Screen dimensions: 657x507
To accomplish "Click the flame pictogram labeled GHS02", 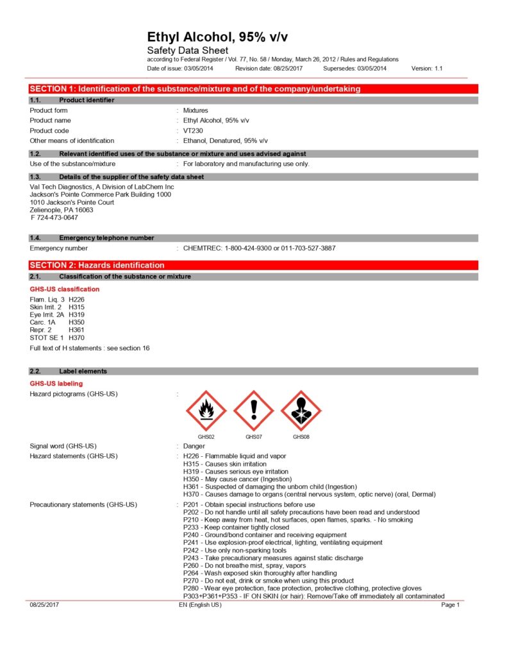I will click(x=206, y=410).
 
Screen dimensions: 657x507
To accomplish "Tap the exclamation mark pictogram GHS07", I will click(x=253, y=410).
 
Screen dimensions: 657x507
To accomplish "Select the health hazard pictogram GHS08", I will click(x=301, y=410).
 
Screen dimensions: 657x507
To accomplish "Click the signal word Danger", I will click(x=194, y=446).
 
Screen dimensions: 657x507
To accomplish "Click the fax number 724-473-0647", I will click(x=54, y=218).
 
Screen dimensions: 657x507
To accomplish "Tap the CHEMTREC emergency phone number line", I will click(x=259, y=248).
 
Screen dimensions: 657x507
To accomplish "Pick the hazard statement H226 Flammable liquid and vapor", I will click(x=235, y=456).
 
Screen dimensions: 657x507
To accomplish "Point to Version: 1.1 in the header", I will click(x=427, y=68).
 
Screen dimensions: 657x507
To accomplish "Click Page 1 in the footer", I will click(x=451, y=605).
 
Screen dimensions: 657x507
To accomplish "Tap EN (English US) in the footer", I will click(x=200, y=605).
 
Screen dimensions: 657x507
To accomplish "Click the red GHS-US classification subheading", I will click(x=65, y=289).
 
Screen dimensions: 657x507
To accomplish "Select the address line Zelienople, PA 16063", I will click(x=62, y=210).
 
